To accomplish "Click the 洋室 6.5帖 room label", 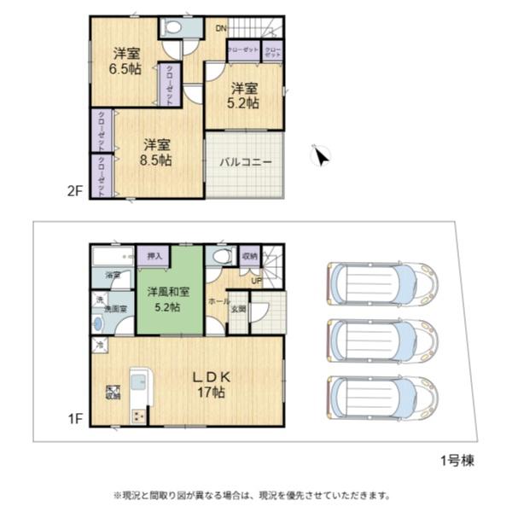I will tap(125, 61).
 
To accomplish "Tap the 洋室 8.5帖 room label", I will tap(157, 152).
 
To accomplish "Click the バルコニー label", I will tap(245, 162).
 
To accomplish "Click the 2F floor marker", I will tap(75, 191).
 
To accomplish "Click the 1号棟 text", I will tap(457, 462).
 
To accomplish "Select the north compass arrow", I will tap(321, 154).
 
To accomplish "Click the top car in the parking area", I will tap(381, 281).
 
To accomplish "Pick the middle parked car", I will tap(381, 339).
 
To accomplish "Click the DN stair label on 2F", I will tap(220, 29).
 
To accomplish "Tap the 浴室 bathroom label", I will tap(113, 276).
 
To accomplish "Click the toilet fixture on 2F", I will tap(173, 27).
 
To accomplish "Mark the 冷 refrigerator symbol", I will tap(100, 346).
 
